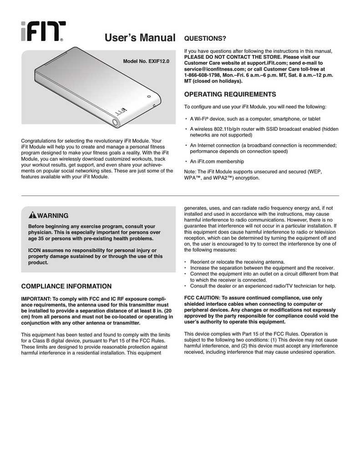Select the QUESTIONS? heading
tap(204, 36)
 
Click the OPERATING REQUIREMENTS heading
tap(229, 94)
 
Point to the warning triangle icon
tap(32, 215)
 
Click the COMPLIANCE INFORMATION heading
tap(66, 286)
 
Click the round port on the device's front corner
tap(114, 122)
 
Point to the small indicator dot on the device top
tap(148, 96)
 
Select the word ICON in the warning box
tap(35, 250)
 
